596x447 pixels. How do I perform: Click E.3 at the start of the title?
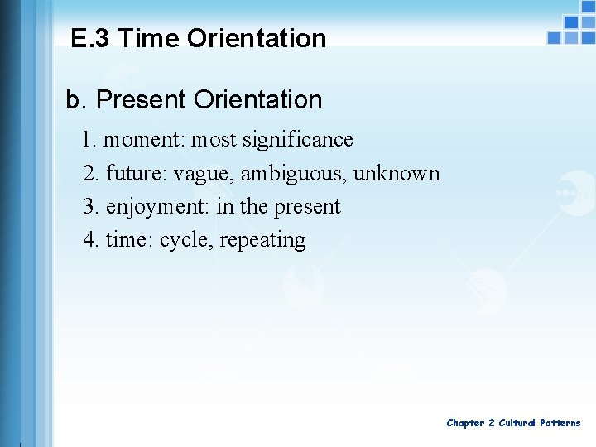click(92, 38)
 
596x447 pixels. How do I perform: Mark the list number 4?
click(90, 240)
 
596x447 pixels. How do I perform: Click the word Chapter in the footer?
click(466, 423)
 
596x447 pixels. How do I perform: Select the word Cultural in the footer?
click(517, 423)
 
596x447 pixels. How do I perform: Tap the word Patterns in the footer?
click(560, 423)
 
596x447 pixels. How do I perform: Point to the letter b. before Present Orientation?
click(75, 100)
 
